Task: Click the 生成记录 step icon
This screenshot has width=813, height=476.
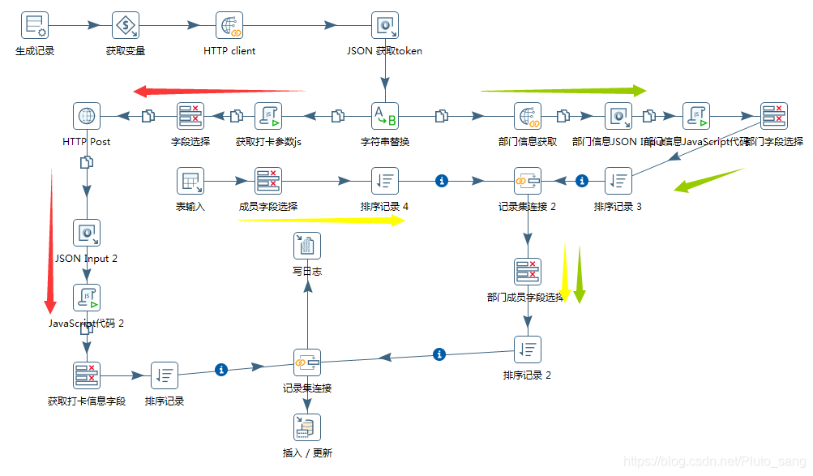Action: [35, 26]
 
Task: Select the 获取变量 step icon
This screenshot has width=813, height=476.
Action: [126, 26]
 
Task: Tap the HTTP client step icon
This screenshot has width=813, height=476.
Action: [229, 26]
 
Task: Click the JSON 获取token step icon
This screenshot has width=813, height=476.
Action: [384, 26]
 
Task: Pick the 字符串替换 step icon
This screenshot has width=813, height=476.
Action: [385, 116]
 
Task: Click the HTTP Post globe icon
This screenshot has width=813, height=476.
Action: [86, 116]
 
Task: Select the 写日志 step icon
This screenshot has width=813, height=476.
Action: [307, 246]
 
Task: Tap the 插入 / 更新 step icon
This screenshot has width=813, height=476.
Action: [307, 427]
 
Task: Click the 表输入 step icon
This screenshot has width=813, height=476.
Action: [190, 181]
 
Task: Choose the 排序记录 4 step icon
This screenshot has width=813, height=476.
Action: [384, 181]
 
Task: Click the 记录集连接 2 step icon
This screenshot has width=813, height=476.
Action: [528, 181]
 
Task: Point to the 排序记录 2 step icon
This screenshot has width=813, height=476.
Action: [528, 349]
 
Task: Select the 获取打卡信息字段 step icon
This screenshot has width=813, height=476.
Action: [87, 375]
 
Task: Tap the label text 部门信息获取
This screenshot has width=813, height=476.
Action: [528, 141]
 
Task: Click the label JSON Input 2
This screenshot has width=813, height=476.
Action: [86, 259]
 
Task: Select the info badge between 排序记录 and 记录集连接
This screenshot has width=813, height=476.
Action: [220, 369]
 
